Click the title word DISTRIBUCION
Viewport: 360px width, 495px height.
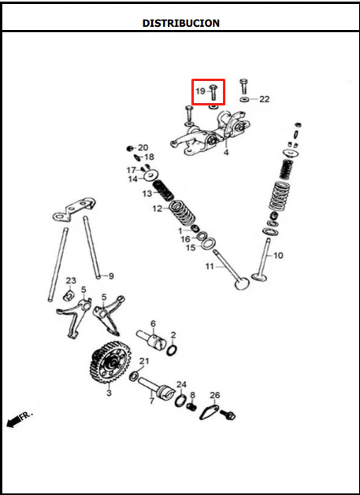click(181, 23)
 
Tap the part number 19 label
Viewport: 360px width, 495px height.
click(201, 91)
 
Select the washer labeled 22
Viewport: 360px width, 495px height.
click(244, 100)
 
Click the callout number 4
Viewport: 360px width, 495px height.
click(226, 153)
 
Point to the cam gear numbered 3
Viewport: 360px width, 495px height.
click(110, 362)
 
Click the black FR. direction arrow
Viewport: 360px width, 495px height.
click(13, 422)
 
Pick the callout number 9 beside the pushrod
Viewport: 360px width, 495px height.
click(111, 276)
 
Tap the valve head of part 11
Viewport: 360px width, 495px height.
click(242, 283)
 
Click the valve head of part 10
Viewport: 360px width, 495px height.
click(259, 278)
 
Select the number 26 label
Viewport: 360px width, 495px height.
click(214, 395)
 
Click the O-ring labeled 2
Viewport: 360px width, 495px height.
click(172, 350)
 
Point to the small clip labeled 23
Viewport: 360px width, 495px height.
click(69, 295)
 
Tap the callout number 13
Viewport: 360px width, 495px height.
click(147, 194)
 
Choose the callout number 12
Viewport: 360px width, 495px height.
click(158, 209)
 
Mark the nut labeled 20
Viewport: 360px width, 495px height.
click(129, 149)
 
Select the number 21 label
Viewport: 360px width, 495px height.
click(144, 361)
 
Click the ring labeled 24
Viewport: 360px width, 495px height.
click(180, 401)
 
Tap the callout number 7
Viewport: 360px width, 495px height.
click(152, 401)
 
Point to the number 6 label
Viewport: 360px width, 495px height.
click(153, 323)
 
